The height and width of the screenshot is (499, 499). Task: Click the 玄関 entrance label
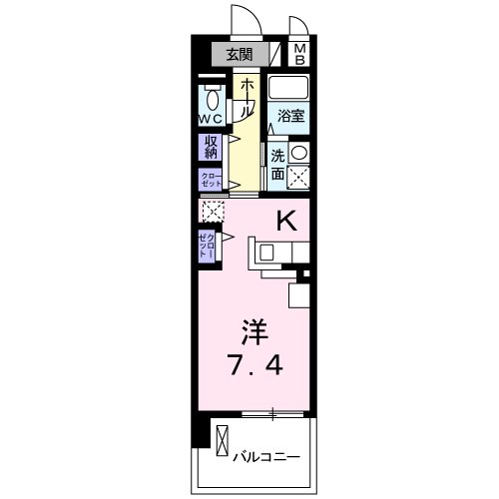tap(239, 55)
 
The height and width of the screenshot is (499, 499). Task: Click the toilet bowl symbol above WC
tap(212, 98)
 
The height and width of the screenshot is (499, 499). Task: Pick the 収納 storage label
tap(211, 148)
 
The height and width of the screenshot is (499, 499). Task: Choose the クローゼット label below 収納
tap(211, 180)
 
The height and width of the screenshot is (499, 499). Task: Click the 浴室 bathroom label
tap(290, 116)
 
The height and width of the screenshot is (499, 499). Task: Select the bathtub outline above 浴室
tap(290, 88)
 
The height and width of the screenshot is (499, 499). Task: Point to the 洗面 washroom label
tap(279, 165)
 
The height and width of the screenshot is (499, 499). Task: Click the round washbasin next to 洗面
tap(298, 153)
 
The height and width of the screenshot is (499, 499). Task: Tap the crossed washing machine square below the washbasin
tap(297, 178)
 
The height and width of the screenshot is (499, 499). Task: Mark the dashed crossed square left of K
tap(211, 212)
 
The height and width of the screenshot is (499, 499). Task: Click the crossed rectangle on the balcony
tap(222, 440)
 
